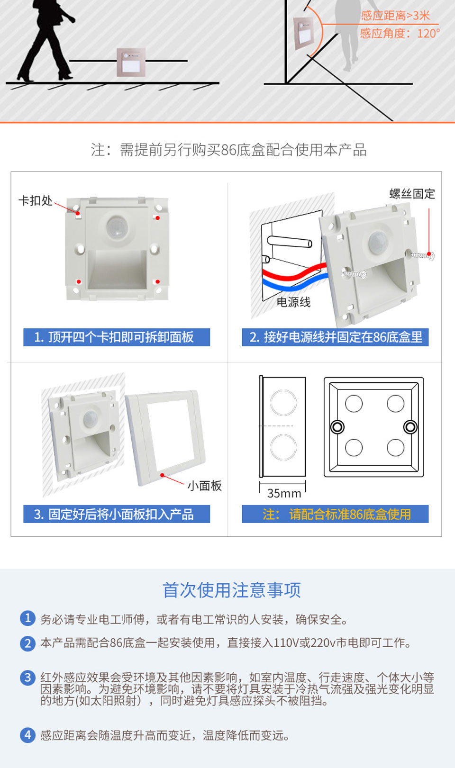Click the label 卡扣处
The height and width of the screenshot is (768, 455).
pos(36,200)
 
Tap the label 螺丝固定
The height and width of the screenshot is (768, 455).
pos(412,194)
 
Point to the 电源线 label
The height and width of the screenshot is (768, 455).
pos(293,302)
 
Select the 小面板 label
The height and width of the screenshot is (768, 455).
pos(204,486)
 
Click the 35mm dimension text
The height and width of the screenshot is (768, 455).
pos(284,493)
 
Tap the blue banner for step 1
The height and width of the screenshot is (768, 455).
pos(117,337)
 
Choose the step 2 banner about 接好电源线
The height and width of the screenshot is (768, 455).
pos(335,337)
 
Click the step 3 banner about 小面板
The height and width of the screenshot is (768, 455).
pos(117,514)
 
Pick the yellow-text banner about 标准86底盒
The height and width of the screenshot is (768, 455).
pos(335,514)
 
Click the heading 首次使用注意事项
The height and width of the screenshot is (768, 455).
pos(231,590)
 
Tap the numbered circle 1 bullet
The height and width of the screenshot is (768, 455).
pos(28,618)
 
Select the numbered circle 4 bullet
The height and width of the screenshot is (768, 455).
pos(28,735)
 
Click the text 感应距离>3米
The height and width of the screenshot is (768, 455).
pos(395,16)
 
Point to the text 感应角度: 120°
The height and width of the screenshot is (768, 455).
pos(400,33)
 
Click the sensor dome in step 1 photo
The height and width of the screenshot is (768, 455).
pos(117,226)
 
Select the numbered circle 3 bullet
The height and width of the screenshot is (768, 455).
pos(28,678)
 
